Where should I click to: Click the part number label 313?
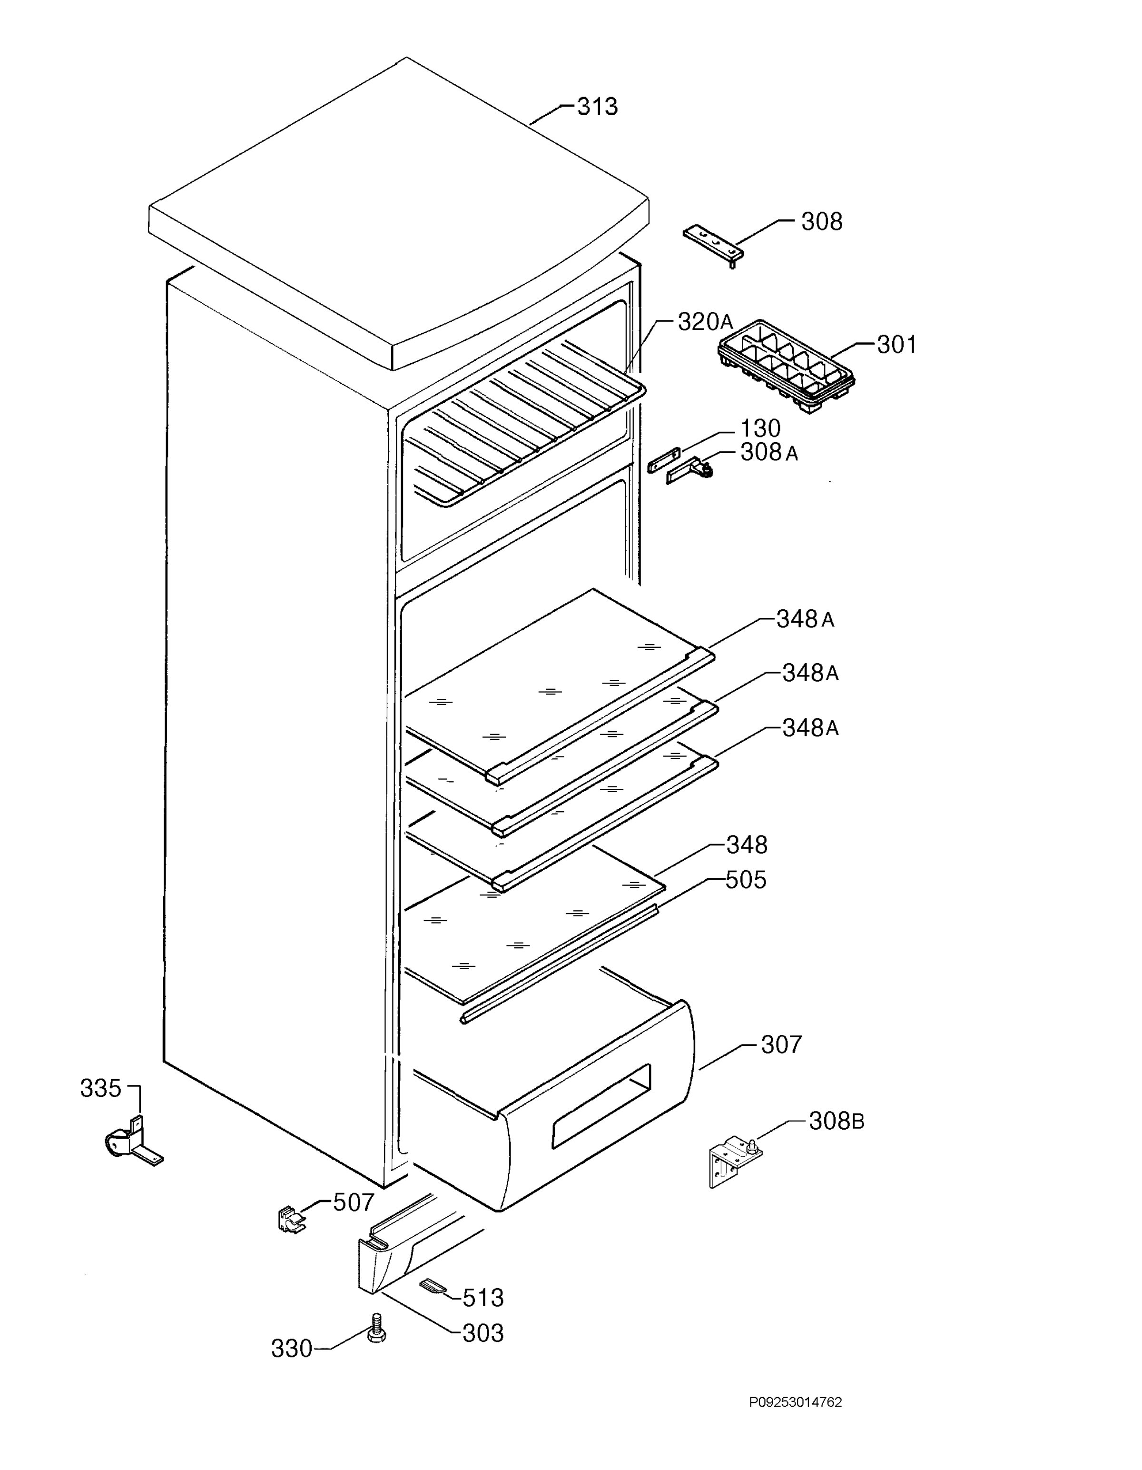click(x=598, y=106)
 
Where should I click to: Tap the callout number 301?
click(x=897, y=345)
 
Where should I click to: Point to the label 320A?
click(x=705, y=322)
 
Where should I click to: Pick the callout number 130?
click(x=760, y=429)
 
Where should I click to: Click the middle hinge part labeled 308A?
click(x=690, y=469)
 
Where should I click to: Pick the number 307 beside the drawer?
click(x=781, y=1044)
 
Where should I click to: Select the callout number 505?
click(x=746, y=880)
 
